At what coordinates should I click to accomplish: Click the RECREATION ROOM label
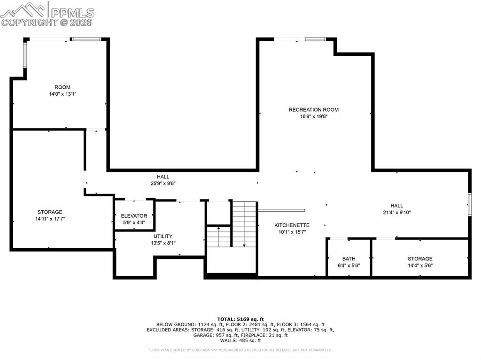pos(313,110)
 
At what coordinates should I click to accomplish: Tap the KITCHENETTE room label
pos(292,225)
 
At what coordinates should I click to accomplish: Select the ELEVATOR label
pos(134,216)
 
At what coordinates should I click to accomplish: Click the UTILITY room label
pos(163,236)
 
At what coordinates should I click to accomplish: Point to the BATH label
pos(349,259)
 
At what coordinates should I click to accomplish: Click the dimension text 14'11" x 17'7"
pos(50,219)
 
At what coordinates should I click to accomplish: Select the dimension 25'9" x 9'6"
pos(163,184)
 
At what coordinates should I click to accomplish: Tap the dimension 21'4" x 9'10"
pos(396,212)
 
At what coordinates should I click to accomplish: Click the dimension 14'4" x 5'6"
pos(420,265)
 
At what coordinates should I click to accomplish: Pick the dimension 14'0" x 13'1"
pos(62,94)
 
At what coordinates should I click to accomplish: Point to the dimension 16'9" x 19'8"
pos(313,116)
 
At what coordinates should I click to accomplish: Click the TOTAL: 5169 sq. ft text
pos(240,319)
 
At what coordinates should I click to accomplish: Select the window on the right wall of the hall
pos(469,204)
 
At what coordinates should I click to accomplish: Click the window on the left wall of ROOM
pos(25,55)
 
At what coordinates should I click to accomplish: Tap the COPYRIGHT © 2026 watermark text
pos(47,22)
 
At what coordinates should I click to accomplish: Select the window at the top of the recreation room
pos(315,39)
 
